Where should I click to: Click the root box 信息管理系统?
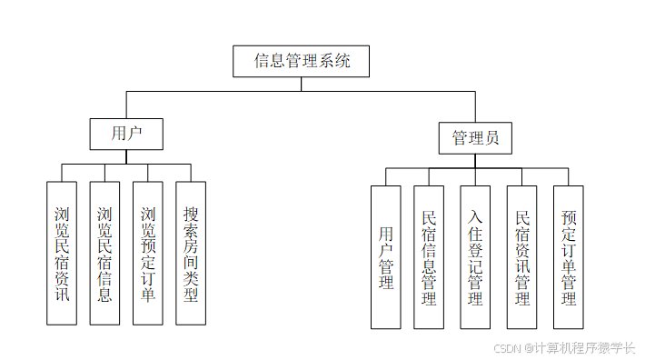tap(301, 62)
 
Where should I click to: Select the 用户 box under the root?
tap(126, 134)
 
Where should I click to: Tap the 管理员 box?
tap(475, 138)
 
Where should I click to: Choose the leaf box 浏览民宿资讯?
tap(61, 253)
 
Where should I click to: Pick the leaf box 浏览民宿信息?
tap(104, 253)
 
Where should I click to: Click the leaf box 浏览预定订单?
tap(147, 253)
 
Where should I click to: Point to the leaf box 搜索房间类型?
tap(191, 253)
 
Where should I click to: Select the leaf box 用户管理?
tap(385, 257)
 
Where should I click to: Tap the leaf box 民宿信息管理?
tap(429, 257)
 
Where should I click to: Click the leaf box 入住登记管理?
tap(475, 257)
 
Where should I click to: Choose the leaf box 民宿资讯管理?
tap(522, 257)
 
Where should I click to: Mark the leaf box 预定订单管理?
tap(569, 257)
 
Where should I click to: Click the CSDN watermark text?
tap(563, 347)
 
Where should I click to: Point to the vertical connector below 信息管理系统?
tap(301, 84)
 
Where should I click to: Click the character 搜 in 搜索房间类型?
tap(191, 215)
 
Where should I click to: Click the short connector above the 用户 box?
tap(126, 105)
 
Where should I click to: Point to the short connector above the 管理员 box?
tap(475, 106)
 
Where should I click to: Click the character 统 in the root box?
tap(339, 62)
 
